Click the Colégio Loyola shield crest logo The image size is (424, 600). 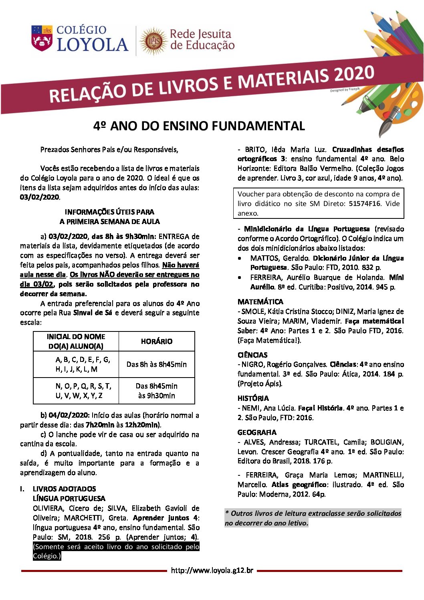pos(42,38)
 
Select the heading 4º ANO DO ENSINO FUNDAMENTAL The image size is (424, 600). pos(199,126)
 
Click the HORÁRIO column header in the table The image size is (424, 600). pos(156,341)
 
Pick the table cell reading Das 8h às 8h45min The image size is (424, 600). pos(156,364)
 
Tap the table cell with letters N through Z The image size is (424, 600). pos(83,390)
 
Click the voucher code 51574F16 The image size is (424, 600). pos(364,204)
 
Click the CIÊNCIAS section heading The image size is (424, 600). pos(252,355)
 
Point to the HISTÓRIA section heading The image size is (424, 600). pos(253,398)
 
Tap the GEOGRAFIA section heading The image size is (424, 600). pos(256,432)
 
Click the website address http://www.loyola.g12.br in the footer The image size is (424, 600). pos(212,570)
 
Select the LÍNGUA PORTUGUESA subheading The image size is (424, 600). pos(69,498)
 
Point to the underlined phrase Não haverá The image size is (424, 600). pos(180,265)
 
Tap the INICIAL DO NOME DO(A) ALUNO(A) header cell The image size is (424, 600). pos(76,341)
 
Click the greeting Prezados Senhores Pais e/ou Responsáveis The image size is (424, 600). pos(109,149)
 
